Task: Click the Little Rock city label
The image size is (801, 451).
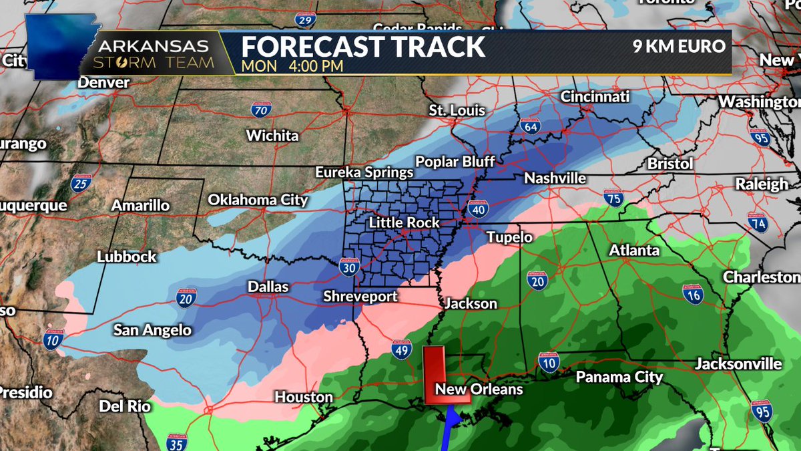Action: point(405,222)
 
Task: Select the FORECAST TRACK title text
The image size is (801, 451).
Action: point(363,47)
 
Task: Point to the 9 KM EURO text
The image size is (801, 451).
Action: point(678,47)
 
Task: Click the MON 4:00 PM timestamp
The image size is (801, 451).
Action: point(292,66)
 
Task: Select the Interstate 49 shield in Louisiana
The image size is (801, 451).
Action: point(401,350)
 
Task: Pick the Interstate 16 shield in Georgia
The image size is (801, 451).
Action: point(692,293)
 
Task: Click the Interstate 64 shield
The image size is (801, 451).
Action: point(531,125)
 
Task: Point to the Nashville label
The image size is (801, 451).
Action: point(555,178)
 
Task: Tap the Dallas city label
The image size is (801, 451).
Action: point(268,287)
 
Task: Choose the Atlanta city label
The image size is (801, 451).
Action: point(633,251)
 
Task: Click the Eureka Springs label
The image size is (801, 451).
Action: point(364,172)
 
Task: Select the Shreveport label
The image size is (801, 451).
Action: point(360,296)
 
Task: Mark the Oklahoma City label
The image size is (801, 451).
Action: point(258,200)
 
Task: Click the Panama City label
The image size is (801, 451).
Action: point(619,377)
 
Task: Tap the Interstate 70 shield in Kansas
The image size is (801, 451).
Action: point(261,110)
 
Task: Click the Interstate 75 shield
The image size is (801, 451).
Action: point(613,198)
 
